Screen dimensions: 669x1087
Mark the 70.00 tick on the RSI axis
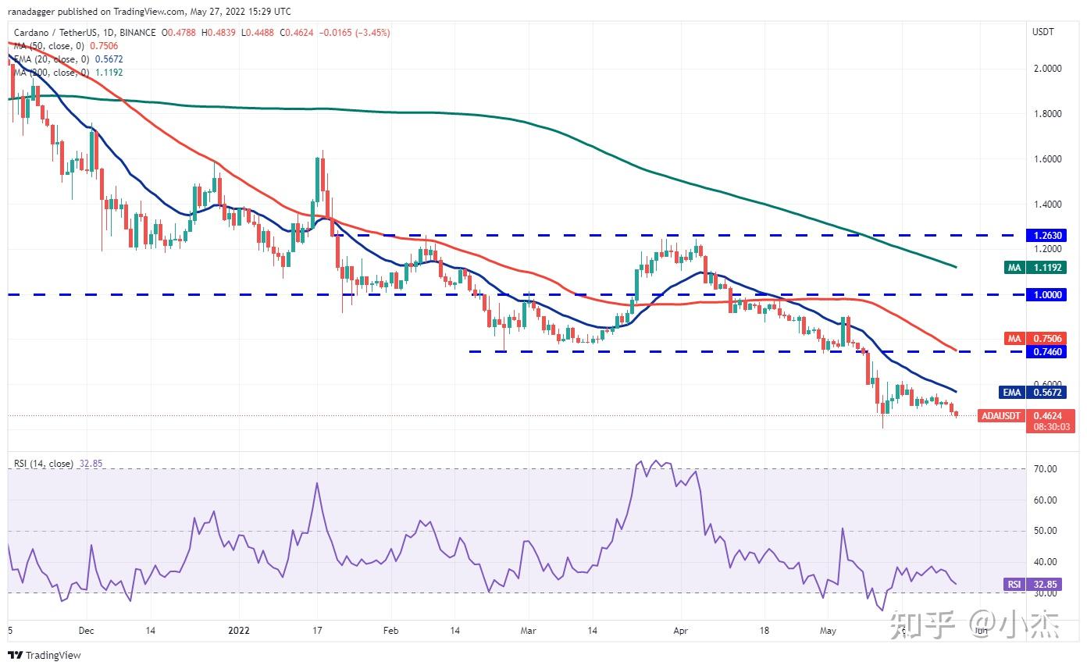pyautogui.click(x=1046, y=469)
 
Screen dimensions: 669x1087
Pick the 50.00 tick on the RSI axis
pyautogui.click(x=1046, y=531)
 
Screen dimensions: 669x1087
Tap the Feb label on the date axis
pyautogui.click(x=391, y=631)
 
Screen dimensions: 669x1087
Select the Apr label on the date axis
pyautogui.click(x=681, y=631)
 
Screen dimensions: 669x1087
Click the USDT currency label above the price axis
pyautogui.click(x=1043, y=32)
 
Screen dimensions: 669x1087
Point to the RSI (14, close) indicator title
pyautogui.click(x=44, y=464)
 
